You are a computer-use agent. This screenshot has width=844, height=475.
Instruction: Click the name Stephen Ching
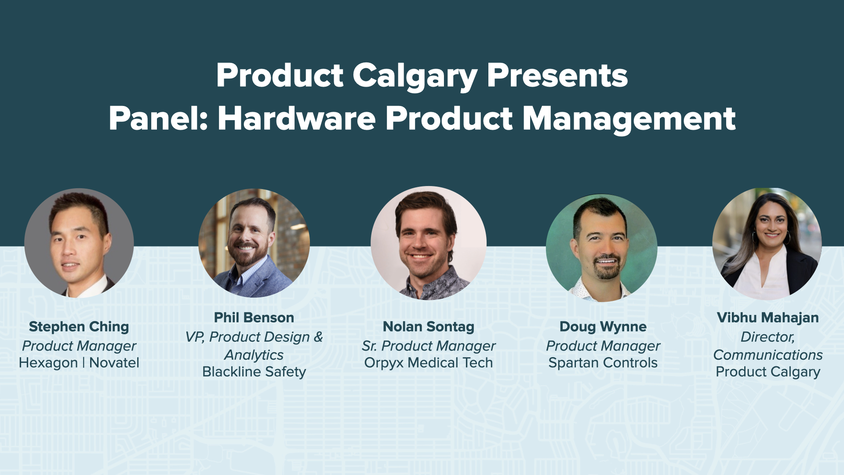(x=79, y=327)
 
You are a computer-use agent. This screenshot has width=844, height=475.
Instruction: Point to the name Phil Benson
(x=254, y=318)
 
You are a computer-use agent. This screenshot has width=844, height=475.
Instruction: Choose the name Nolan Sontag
(x=429, y=327)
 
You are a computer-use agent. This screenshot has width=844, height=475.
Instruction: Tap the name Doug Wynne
(x=603, y=327)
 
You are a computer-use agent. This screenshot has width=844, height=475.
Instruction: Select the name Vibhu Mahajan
(x=768, y=318)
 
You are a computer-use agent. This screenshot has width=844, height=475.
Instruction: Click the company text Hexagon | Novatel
(x=79, y=363)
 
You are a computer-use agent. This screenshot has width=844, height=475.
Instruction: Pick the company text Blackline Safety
(x=254, y=372)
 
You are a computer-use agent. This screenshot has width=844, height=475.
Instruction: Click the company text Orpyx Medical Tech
(x=429, y=363)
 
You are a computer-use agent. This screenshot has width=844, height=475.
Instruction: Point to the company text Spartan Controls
(x=603, y=363)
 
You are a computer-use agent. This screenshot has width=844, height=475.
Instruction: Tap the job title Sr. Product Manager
(x=429, y=346)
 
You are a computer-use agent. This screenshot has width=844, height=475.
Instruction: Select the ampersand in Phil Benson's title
(x=318, y=337)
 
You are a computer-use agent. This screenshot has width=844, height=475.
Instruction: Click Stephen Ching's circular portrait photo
(x=79, y=243)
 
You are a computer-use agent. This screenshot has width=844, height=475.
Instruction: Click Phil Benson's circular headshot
(x=254, y=243)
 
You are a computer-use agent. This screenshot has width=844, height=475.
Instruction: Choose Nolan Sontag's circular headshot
(x=429, y=243)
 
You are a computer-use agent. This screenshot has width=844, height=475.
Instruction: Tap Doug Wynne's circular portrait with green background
(x=601, y=248)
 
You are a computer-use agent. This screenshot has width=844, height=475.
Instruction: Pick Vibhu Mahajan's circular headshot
(x=767, y=243)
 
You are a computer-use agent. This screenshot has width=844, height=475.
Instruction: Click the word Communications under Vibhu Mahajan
(x=768, y=355)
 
